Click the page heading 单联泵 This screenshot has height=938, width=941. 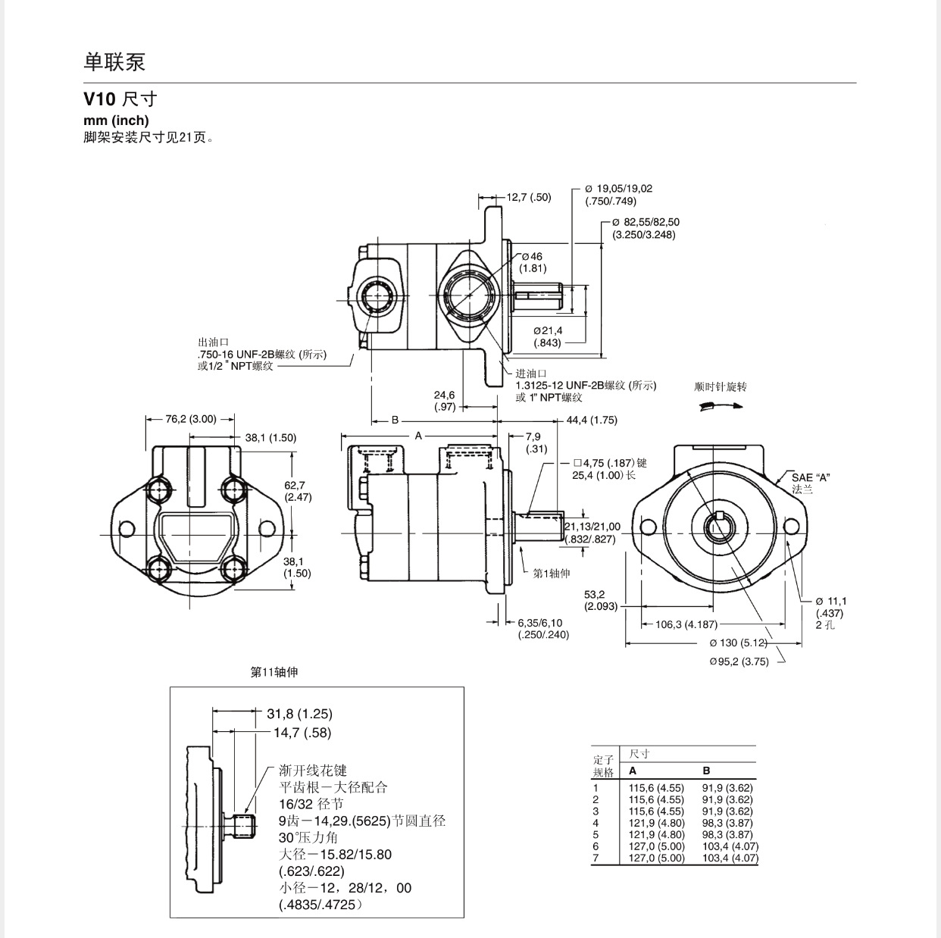[x=114, y=62]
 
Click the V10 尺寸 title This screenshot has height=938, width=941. [x=120, y=99]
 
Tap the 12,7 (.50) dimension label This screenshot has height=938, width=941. [x=529, y=197]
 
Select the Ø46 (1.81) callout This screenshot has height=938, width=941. [x=533, y=262]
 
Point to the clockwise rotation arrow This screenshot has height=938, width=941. [x=721, y=406]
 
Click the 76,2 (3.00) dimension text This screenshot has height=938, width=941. [x=190, y=419]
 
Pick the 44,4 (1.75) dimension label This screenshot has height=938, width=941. [x=592, y=421]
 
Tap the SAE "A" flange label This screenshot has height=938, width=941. [x=811, y=483]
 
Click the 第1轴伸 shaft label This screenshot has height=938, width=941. [x=552, y=573]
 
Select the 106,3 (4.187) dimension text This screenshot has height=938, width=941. [x=686, y=624]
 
